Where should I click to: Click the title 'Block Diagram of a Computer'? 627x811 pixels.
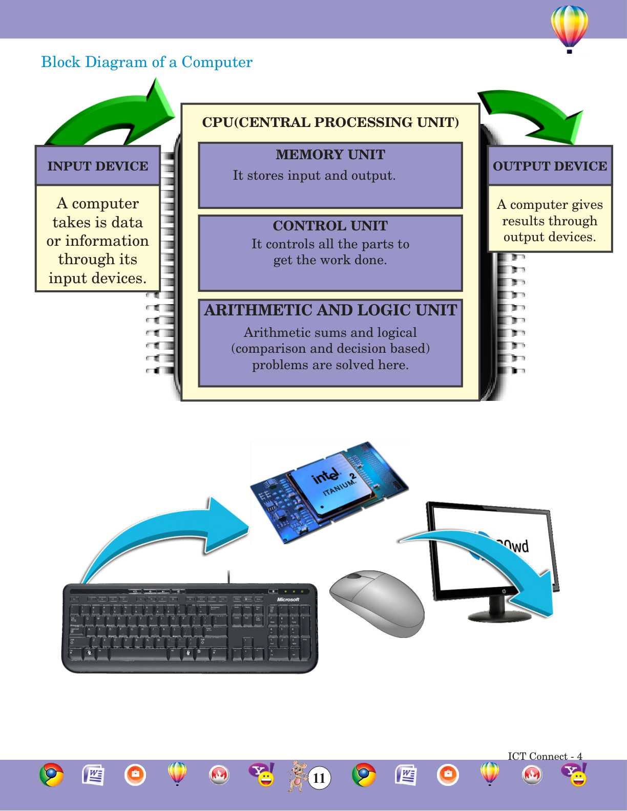(x=147, y=62)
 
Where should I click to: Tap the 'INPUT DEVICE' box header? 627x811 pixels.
(x=97, y=166)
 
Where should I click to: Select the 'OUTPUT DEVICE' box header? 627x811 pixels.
(x=550, y=166)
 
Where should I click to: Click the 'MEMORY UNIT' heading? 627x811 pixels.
(x=330, y=155)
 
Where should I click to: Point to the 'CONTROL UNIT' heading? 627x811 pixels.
(x=330, y=226)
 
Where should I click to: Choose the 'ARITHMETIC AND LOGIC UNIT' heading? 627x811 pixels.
(x=330, y=310)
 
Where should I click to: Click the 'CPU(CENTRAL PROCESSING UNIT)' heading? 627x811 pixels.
(x=330, y=122)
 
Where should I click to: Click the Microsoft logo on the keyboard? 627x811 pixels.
(x=288, y=600)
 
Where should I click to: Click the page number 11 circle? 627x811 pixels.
(x=319, y=778)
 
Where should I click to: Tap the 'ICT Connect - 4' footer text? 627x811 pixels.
(x=545, y=756)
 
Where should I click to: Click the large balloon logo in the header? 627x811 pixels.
(x=569, y=28)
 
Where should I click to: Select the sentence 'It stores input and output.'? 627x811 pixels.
(x=314, y=176)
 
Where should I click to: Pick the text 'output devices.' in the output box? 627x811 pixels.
(x=550, y=237)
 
